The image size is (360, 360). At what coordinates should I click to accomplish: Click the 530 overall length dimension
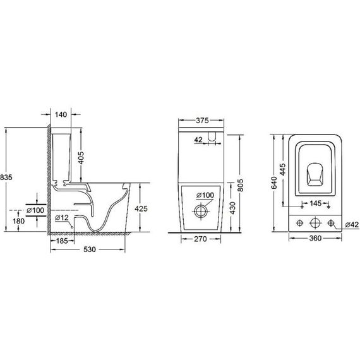tap(90, 249)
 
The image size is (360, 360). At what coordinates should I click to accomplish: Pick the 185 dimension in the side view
tap(62, 241)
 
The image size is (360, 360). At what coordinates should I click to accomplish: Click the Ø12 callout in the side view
tap(62, 218)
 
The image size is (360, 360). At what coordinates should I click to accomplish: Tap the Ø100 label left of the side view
tap(37, 210)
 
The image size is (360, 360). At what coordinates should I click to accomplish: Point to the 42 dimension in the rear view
tap(198, 140)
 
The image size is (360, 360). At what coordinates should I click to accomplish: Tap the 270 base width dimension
tap(201, 239)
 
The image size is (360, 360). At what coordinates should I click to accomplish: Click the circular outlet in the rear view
tap(201, 210)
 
